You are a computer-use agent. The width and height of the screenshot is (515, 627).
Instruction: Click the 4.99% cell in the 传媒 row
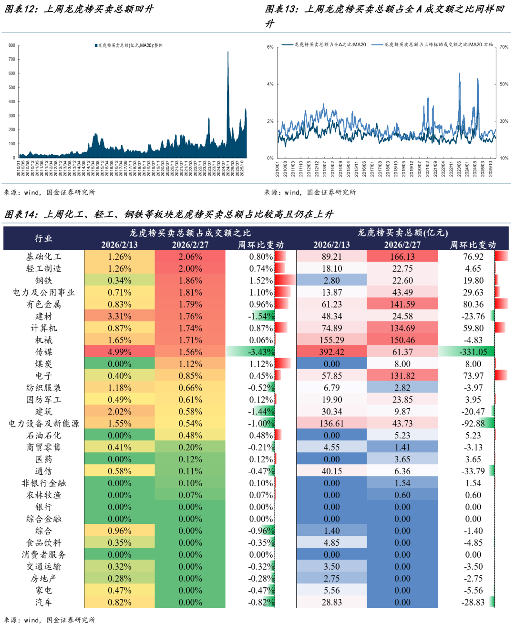119,352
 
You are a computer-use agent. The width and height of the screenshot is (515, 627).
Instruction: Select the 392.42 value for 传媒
331,352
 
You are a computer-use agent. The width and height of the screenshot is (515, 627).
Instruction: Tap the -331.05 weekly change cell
473,352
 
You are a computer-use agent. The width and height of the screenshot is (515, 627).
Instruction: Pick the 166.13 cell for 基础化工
402,256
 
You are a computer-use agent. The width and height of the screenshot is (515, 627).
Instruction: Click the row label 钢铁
43,280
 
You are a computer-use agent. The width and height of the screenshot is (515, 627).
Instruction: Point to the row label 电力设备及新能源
43,424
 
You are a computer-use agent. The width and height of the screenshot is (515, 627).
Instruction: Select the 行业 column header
43,238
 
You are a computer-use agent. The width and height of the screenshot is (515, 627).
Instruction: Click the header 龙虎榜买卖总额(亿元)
402,233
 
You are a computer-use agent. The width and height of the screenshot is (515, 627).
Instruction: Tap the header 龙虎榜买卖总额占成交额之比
190,233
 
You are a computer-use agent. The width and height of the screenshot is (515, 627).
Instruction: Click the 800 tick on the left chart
12,45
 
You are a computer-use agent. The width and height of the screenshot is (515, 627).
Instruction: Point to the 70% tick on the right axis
504,47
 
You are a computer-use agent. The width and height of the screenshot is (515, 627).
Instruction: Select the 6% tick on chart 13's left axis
270,47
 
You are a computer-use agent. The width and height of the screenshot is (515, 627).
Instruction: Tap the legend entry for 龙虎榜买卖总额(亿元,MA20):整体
130,45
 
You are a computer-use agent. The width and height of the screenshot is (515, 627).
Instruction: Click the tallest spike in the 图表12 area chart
228,53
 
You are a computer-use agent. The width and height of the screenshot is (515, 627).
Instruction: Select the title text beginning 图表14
169,214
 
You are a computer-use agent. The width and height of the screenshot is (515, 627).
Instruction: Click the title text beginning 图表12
79,9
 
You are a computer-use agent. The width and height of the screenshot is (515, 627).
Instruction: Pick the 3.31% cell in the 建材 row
119,316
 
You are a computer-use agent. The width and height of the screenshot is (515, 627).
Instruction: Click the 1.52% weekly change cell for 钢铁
261,280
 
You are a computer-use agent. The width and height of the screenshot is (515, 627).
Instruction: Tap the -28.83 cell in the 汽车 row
473,602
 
